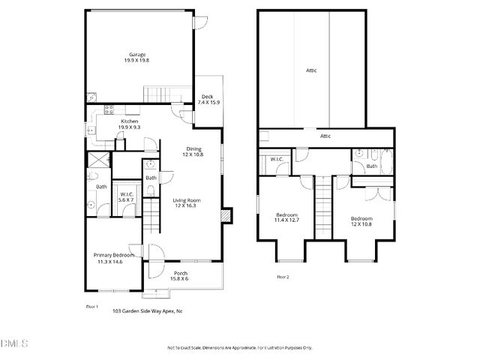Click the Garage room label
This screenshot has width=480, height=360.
(137, 55)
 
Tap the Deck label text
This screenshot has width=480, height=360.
(207, 96)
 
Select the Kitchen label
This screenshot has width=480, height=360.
(130, 121)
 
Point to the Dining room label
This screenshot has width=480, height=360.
(193, 148)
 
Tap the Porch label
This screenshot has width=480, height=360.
(181, 273)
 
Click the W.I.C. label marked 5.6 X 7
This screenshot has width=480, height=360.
(125, 195)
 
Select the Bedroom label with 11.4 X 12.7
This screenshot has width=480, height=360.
(286, 215)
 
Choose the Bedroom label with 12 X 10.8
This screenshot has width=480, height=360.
(361, 218)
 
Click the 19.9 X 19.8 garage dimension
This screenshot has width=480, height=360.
(137, 60)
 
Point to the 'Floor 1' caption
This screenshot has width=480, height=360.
(91, 306)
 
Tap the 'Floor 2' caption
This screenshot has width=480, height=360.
(282, 277)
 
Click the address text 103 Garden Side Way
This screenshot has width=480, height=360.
(147, 310)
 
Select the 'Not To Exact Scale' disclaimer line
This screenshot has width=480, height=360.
(239, 348)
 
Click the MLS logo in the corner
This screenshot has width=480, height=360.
(13, 344)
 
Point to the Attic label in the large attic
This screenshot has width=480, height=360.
(311, 70)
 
